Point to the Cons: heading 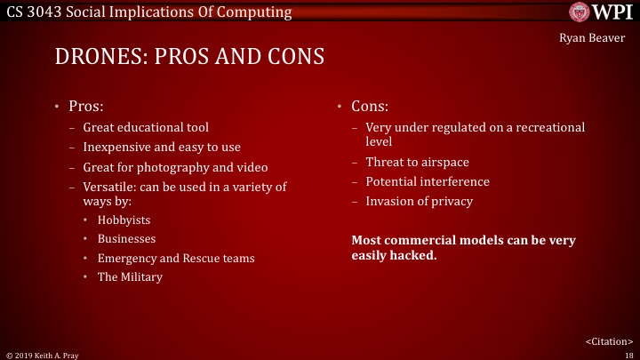pyautogui.click(x=370, y=107)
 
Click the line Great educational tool pyautogui.click(x=146, y=127)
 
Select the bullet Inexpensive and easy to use pyautogui.click(x=162, y=148)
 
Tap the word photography pyautogui.click(x=188, y=168)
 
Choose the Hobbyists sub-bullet pyautogui.click(x=124, y=220)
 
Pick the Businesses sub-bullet pyautogui.click(x=126, y=239)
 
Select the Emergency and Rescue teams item pyautogui.click(x=176, y=259)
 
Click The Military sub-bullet pyautogui.click(x=130, y=277)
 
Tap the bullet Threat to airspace pyautogui.click(x=417, y=162)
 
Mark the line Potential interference pyautogui.click(x=428, y=181)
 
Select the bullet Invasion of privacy pyautogui.click(x=419, y=201)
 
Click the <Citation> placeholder pyautogui.click(x=608, y=340)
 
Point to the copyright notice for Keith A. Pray pyautogui.click(x=42, y=354)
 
